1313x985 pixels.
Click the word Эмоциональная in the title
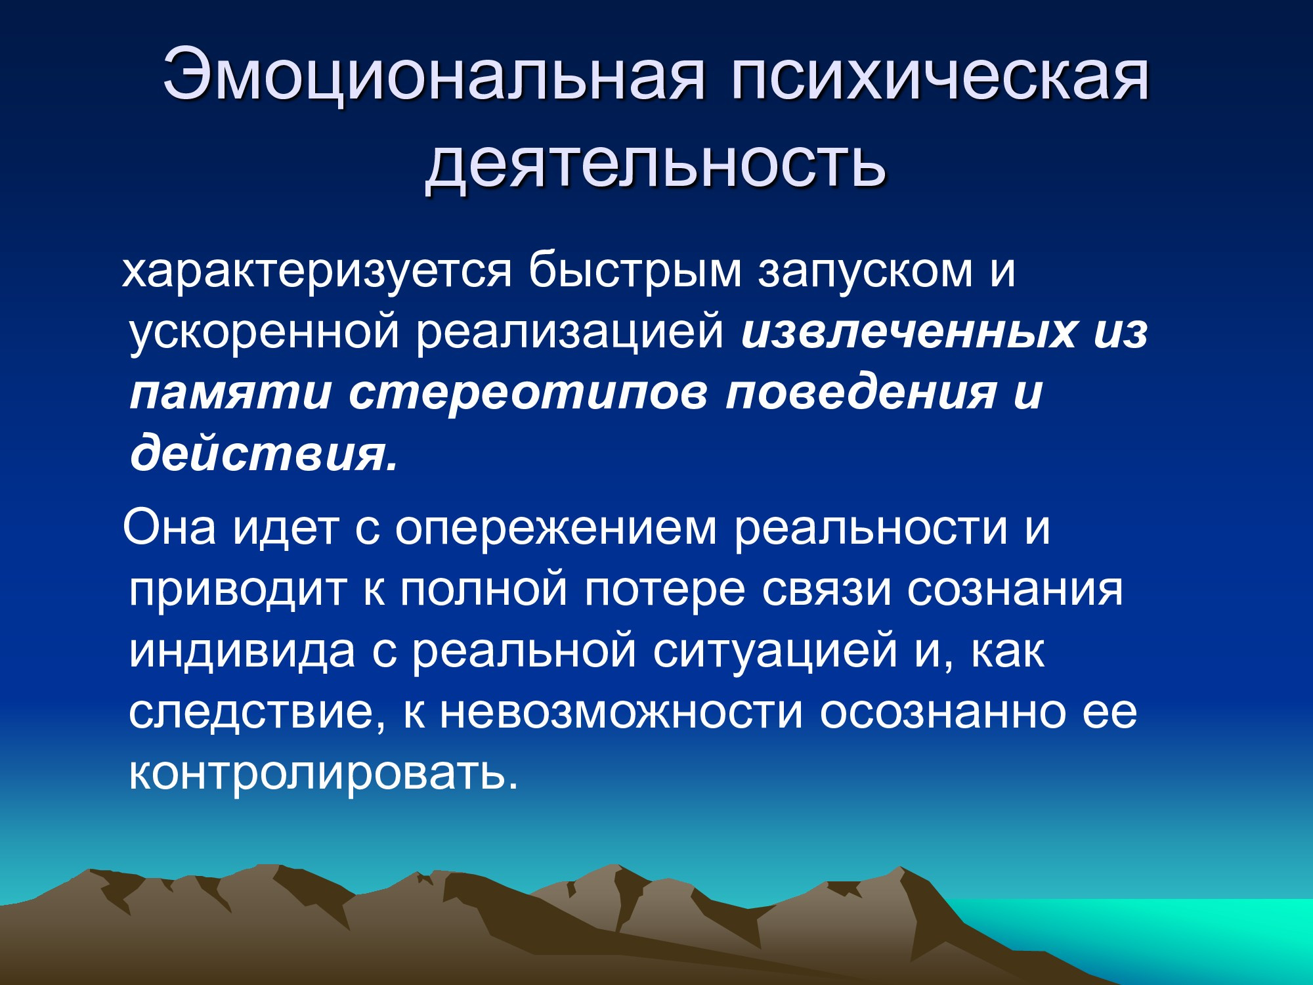pyautogui.click(x=433, y=75)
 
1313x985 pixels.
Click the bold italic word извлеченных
pyautogui.click(x=909, y=332)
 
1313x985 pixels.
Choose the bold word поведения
pyautogui.click(x=861, y=393)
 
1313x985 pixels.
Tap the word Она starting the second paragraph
pyautogui.click(x=169, y=527)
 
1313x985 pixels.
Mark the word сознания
pyautogui.click(x=1015, y=590)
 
